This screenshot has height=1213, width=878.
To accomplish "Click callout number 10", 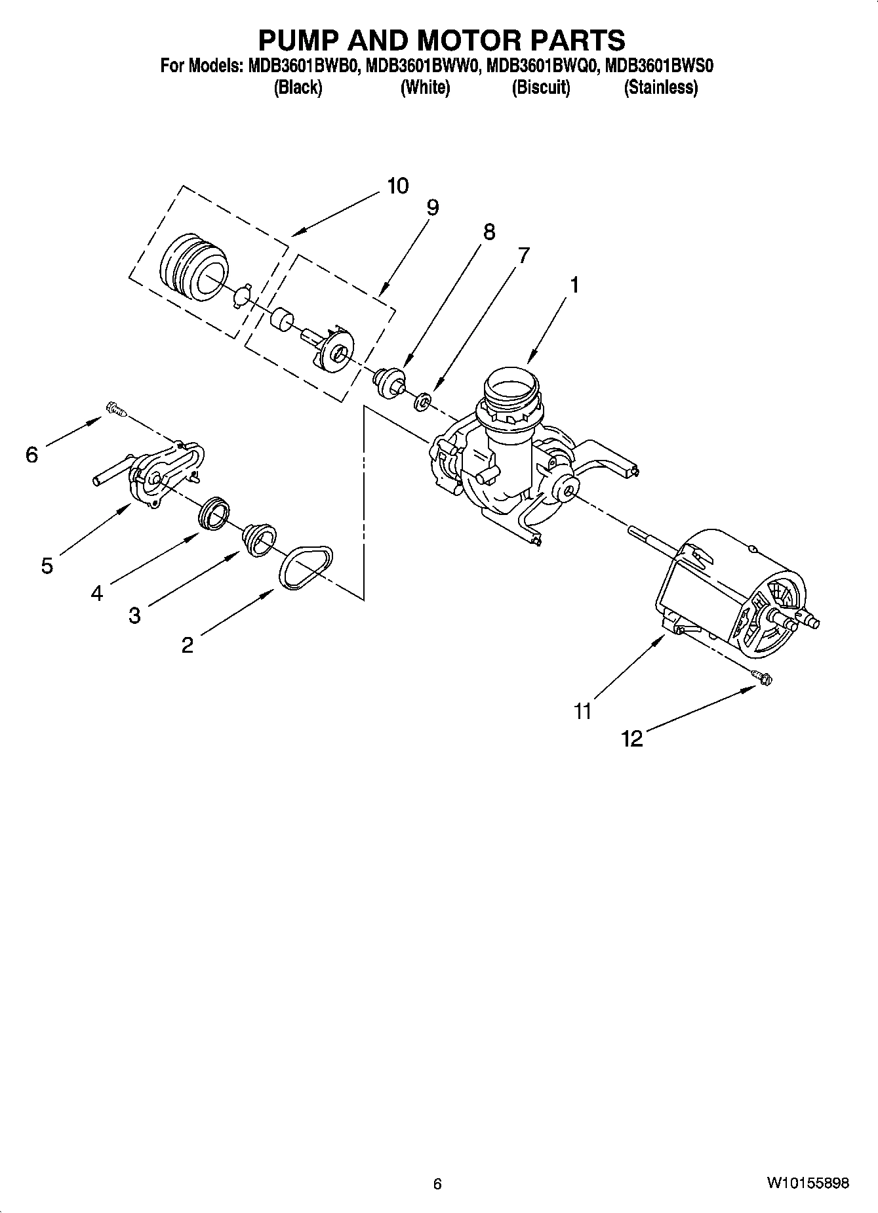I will pyautogui.click(x=397, y=186).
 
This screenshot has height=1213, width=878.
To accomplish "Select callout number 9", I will pyautogui.click(x=432, y=208).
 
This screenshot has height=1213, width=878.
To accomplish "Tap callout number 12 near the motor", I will pyautogui.click(x=632, y=739).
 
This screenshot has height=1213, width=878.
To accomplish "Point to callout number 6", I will pyautogui.click(x=32, y=454).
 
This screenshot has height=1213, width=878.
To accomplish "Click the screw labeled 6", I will pyautogui.click(x=114, y=410).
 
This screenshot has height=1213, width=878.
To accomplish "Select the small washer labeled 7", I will pyautogui.click(x=424, y=400).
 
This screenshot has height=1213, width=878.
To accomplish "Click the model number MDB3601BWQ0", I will pyautogui.click(x=541, y=66).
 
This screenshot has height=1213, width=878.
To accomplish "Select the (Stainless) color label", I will pyautogui.click(x=660, y=87).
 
